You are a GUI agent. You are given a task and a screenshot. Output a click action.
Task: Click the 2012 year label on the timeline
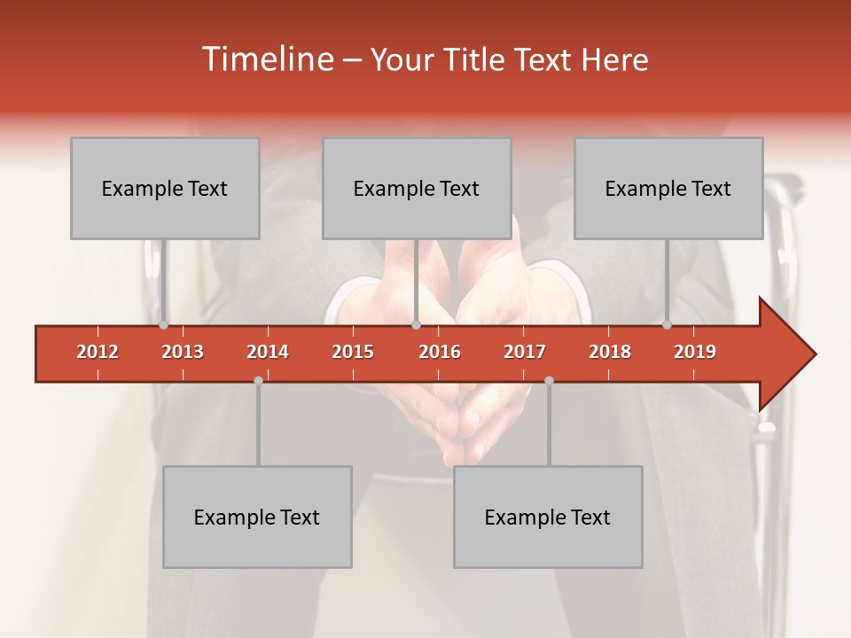pyautogui.click(x=98, y=352)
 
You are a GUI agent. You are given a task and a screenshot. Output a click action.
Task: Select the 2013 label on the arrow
pyautogui.click(x=183, y=352)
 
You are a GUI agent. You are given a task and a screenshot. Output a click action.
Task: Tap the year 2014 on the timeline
pyautogui.click(x=268, y=352)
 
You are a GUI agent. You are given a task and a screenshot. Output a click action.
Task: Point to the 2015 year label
pyautogui.click(x=353, y=352)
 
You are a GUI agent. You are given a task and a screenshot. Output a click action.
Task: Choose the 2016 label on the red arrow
pyautogui.click(x=440, y=352)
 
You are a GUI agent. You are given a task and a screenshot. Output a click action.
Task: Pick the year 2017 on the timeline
pyautogui.click(x=525, y=352)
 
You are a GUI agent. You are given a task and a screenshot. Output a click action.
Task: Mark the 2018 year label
pyautogui.click(x=610, y=352)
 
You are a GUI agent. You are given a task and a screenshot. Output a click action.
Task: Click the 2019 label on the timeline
pyautogui.click(x=695, y=352)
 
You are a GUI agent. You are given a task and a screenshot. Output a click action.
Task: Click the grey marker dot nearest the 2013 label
pyautogui.click(x=164, y=325)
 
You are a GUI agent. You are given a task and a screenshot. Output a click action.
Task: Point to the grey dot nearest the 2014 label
pyautogui.click(x=258, y=380)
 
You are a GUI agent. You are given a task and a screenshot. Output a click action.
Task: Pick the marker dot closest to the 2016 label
pyautogui.click(x=416, y=325)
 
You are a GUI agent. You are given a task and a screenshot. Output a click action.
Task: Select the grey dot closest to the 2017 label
pyautogui.click(x=549, y=380)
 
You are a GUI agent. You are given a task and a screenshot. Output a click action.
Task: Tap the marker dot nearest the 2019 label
pyautogui.click(x=668, y=325)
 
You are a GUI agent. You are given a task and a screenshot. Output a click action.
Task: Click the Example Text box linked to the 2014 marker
pyautogui.click(x=257, y=517)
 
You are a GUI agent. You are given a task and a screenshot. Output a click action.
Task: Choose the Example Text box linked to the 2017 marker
pyautogui.click(x=548, y=517)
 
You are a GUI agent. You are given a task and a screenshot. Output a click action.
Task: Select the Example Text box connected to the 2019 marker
pyautogui.click(x=668, y=188)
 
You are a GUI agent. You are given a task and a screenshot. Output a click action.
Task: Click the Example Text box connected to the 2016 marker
pyautogui.click(x=417, y=188)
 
